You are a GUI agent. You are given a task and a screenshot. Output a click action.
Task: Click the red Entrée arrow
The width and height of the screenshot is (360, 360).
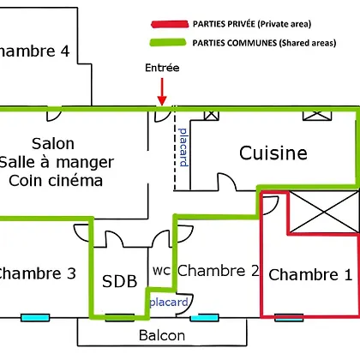[162, 92]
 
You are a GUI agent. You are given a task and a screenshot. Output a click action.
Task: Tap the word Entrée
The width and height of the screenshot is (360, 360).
[162, 68]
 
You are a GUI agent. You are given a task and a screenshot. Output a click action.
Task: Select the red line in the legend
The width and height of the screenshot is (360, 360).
[170, 24]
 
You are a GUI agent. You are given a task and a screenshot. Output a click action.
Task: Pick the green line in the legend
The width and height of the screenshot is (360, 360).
[168, 42]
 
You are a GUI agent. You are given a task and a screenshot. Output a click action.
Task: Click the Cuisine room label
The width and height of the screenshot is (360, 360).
[273, 153]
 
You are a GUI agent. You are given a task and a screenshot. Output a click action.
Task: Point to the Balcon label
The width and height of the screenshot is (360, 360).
[162, 335]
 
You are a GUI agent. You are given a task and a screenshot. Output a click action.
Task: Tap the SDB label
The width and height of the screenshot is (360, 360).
[120, 281]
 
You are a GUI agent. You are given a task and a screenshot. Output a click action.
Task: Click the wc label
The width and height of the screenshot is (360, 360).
[161, 271]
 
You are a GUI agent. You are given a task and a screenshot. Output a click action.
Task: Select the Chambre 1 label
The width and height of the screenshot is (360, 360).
[310, 274]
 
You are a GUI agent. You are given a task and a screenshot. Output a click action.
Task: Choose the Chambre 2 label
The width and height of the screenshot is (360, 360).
[219, 270]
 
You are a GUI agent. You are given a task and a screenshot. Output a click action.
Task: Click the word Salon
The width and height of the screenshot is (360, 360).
[53, 143]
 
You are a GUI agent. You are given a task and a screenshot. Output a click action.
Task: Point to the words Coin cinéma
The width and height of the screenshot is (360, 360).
[56, 181]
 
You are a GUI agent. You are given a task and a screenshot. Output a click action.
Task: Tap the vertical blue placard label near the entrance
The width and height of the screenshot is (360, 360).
[183, 147]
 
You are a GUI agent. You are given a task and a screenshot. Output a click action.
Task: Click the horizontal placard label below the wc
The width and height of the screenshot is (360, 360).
[169, 302]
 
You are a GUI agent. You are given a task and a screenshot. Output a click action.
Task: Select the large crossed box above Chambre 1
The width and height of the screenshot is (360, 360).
[323, 212]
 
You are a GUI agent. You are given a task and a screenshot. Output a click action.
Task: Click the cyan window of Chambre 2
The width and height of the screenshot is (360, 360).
[204, 318]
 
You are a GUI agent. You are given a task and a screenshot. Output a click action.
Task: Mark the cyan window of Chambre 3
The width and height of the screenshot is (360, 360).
[35, 317]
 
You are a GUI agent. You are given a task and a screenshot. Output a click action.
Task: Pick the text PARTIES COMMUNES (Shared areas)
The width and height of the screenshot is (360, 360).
[264, 43]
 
